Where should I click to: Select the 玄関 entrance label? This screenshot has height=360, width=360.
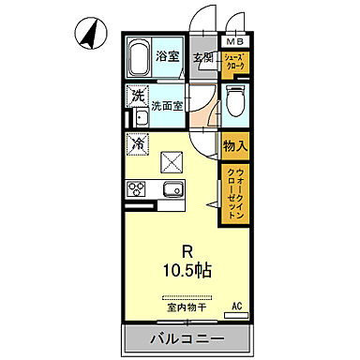[x=203, y=57]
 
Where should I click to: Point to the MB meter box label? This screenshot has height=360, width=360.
[x=233, y=41]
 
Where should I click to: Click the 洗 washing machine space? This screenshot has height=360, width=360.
[x=138, y=96]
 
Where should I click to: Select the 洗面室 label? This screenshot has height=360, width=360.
[x=169, y=104]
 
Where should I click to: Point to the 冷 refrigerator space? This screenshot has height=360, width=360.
[x=137, y=145]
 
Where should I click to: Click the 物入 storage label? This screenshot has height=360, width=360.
[x=234, y=145]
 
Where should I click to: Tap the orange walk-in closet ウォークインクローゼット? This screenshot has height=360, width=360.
[x=234, y=192]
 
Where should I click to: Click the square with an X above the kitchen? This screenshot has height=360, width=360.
[x=172, y=162]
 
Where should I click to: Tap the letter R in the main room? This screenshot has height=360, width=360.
[x=188, y=250]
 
